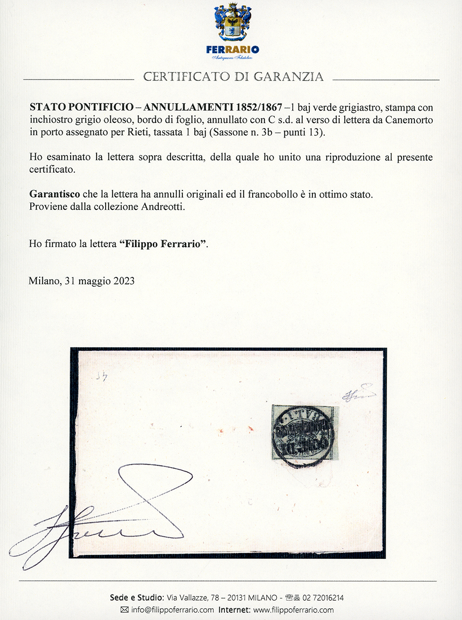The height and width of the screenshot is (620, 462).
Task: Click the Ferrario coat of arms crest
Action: click(x=232, y=22)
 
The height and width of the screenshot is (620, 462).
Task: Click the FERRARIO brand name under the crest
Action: click(x=232, y=49)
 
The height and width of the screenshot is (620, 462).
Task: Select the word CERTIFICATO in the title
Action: click(x=187, y=77)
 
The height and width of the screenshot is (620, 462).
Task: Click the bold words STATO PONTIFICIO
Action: click(x=82, y=108)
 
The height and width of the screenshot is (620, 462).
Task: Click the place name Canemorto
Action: click(x=409, y=120)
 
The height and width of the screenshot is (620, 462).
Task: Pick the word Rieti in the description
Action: click(x=138, y=132)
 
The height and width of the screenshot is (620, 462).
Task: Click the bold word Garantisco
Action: click(x=54, y=194)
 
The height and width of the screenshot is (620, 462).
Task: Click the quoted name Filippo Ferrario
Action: click(x=163, y=244)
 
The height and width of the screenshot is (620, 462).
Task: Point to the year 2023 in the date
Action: click(x=124, y=281)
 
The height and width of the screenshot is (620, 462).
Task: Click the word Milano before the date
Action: click(x=44, y=281)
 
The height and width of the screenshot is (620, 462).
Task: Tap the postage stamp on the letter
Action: click(x=303, y=432)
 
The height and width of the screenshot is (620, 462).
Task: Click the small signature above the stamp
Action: click(x=358, y=395)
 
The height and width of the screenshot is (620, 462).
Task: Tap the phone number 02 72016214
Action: click(x=323, y=598)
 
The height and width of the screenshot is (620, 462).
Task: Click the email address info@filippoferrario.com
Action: click(x=173, y=610)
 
